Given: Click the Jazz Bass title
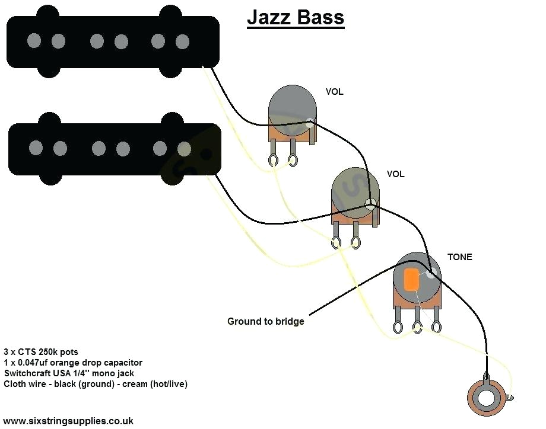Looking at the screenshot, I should tap(295, 17).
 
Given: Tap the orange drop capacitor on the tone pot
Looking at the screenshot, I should tap(410, 279).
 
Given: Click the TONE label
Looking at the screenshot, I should tap(460, 257).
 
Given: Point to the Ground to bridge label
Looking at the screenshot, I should tap(265, 322).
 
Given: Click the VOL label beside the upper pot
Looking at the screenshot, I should tap(334, 92).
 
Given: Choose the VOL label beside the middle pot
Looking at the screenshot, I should tap(395, 174).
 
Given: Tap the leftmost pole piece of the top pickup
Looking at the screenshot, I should tap(34, 41).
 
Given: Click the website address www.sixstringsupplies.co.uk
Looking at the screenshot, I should tap(68, 421).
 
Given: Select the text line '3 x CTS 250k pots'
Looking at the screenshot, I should tap(40, 352).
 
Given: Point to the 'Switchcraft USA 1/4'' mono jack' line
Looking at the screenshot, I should tap(69, 373).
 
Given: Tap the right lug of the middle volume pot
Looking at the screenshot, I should tap(356, 242).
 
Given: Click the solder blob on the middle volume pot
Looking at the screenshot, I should tap(371, 205).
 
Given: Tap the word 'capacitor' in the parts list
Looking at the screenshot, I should tap(122, 363).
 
